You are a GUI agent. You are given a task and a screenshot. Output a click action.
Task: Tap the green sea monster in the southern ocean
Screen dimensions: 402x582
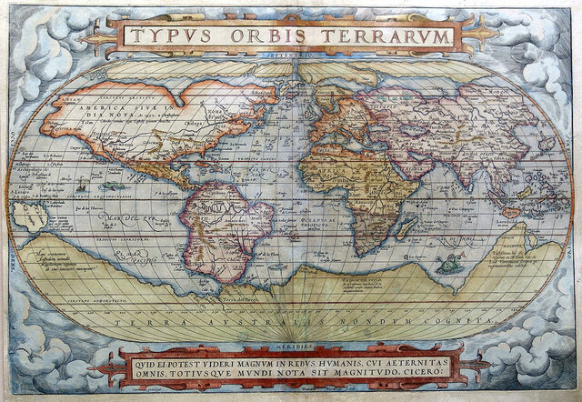(447, 265)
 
